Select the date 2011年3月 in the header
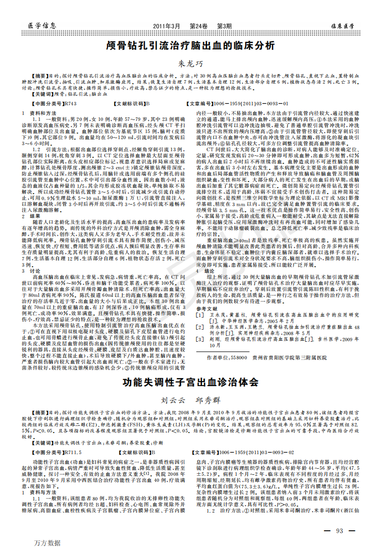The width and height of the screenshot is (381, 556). point(166,25)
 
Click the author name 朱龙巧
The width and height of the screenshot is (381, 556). point(191,64)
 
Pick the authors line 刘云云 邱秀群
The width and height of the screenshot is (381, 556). point(191,400)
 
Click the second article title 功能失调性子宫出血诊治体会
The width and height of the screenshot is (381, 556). point(191,382)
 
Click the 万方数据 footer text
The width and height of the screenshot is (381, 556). point(48,543)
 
